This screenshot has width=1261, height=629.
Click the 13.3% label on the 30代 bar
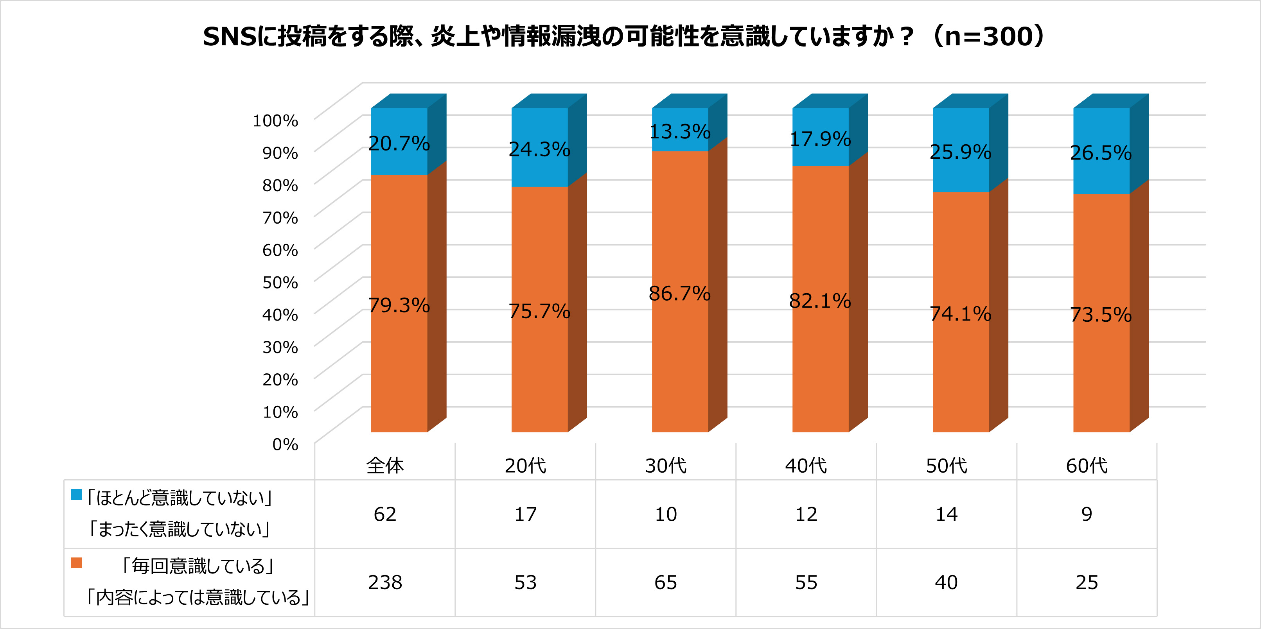click(680, 132)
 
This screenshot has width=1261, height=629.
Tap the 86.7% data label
click(680, 294)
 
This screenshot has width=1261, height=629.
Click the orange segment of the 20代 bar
click(539, 309)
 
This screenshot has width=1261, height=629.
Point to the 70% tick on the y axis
click(280, 218)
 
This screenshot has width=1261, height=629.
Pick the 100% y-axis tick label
click(275, 120)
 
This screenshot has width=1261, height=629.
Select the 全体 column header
click(385, 465)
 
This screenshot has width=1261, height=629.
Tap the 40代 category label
click(806, 465)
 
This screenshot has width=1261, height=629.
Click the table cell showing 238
click(385, 582)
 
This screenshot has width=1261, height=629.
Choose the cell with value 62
click(385, 514)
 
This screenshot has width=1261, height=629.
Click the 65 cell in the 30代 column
click(666, 582)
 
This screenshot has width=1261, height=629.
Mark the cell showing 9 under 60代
click(1087, 514)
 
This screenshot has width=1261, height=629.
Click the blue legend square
click(76, 495)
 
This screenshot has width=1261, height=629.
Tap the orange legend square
click(76, 563)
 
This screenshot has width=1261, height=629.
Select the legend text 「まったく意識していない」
click(179, 530)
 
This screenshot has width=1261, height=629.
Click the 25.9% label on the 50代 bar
click(961, 152)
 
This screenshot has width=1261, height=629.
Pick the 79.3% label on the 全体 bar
click(399, 305)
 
